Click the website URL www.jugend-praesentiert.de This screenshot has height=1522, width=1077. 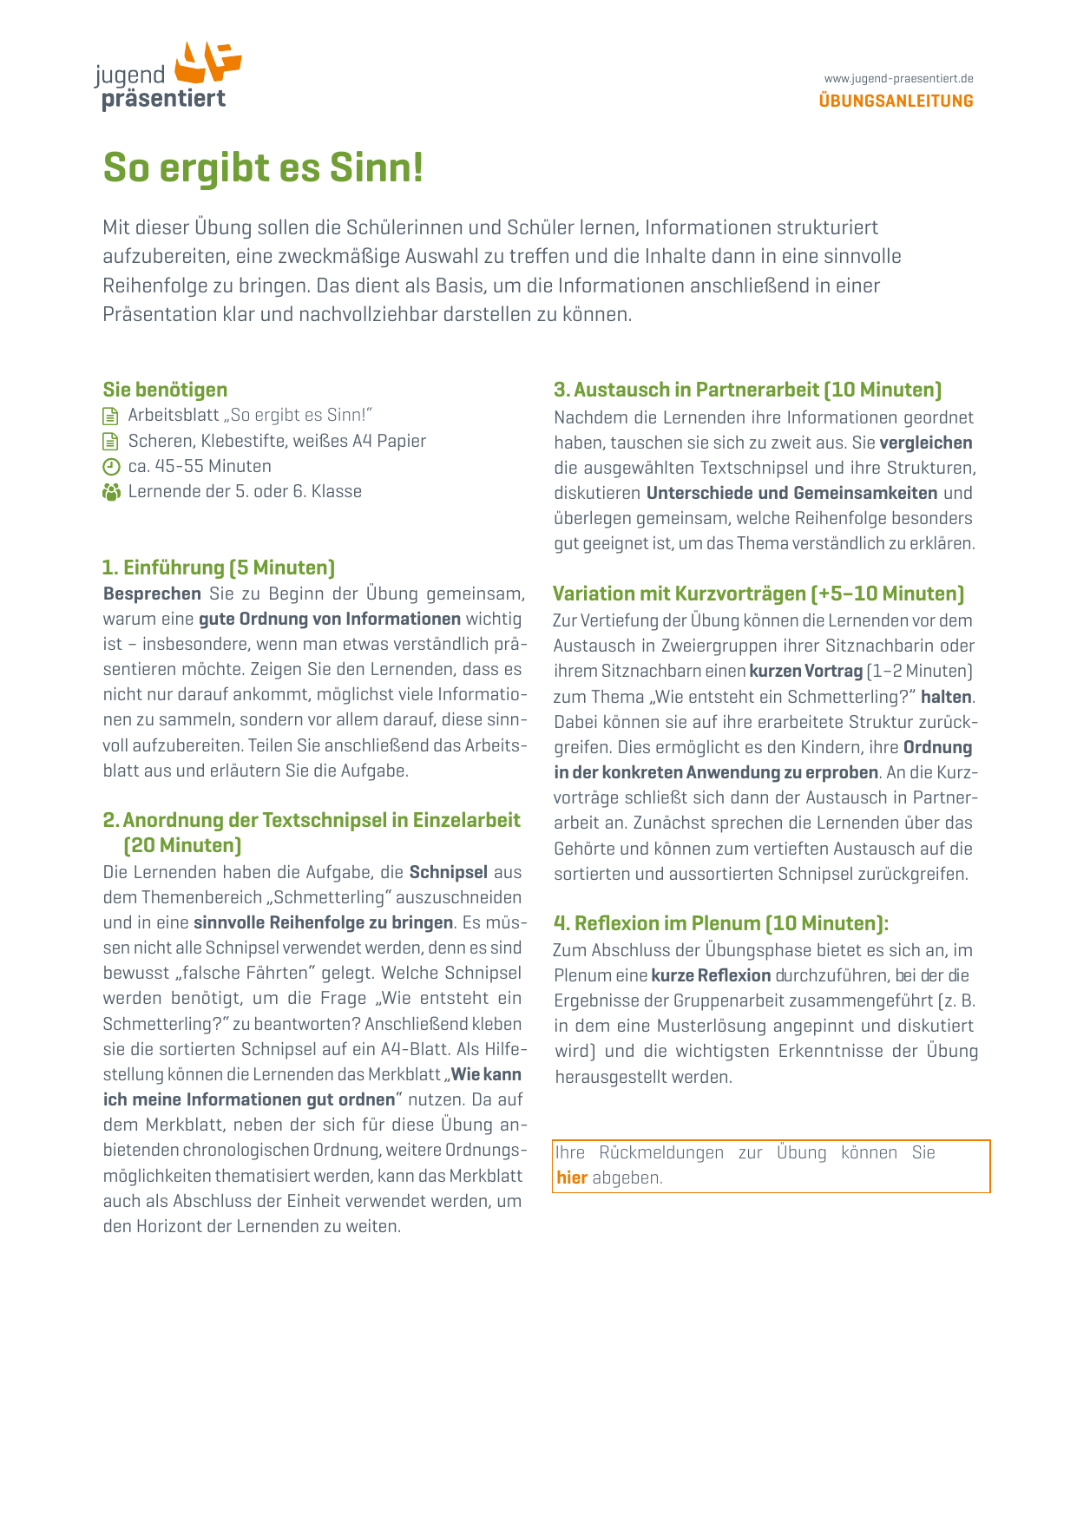click(898, 79)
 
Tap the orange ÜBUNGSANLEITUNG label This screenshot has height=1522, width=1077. click(896, 102)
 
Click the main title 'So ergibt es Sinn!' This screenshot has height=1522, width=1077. click(263, 167)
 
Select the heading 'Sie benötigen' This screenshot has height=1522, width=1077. click(165, 390)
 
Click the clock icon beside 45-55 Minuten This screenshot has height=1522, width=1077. click(111, 467)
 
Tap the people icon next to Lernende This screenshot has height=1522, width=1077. click(111, 492)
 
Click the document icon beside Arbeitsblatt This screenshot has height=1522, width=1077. click(111, 416)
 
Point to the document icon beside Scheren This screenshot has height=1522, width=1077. click(111, 442)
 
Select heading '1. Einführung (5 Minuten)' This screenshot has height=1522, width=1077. click(219, 567)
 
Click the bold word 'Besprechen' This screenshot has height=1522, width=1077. click(152, 594)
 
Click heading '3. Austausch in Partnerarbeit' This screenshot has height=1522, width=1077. click(747, 390)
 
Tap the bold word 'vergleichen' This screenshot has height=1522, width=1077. click(926, 443)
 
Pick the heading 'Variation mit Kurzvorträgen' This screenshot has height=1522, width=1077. click(758, 594)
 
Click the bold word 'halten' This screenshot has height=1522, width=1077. click(947, 697)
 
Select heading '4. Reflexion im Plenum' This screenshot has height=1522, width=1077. click(720, 923)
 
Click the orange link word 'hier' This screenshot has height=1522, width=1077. click(572, 1178)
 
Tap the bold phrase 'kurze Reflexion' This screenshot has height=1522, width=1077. click(711, 975)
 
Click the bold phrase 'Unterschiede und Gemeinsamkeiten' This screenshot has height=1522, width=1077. click(791, 493)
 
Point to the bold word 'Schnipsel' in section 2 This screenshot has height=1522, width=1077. click(448, 872)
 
